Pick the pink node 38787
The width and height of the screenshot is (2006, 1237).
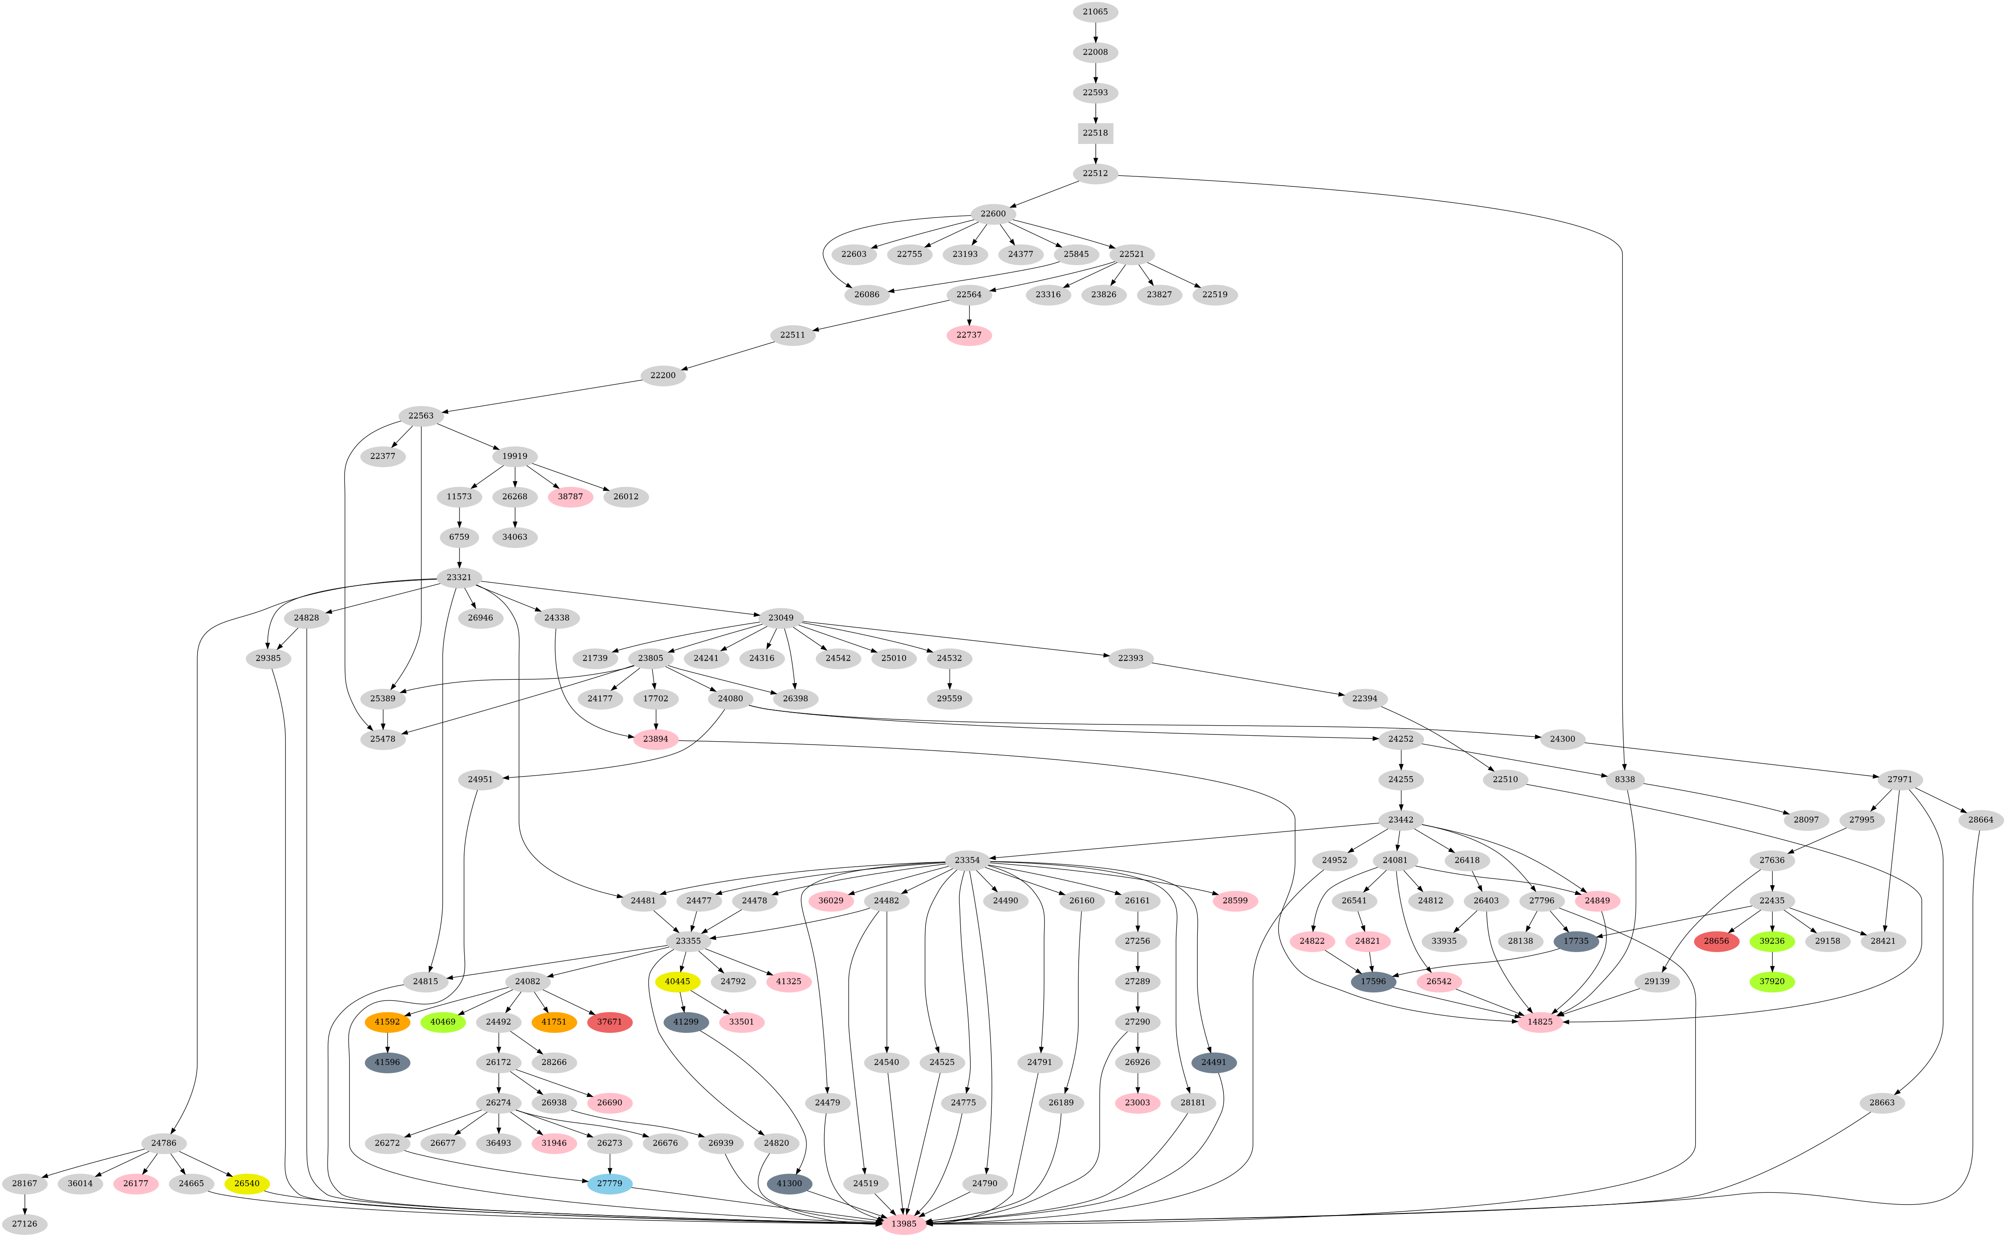point(570,497)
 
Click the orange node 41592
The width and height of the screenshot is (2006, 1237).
point(387,1022)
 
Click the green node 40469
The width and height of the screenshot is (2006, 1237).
point(443,1022)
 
